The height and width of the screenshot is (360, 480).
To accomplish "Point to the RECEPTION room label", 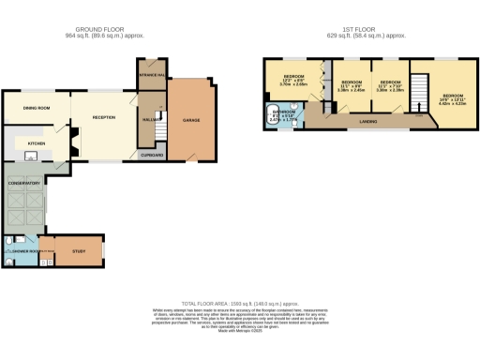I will (x=103, y=117).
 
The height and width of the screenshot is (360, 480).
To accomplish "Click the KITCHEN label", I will (x=36, y=143).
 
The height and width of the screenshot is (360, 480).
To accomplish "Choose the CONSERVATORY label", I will (x=26, y=183).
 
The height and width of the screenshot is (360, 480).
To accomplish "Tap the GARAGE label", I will (x=191, y=120).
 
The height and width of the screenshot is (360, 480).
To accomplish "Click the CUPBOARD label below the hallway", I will (x=151, y=156).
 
